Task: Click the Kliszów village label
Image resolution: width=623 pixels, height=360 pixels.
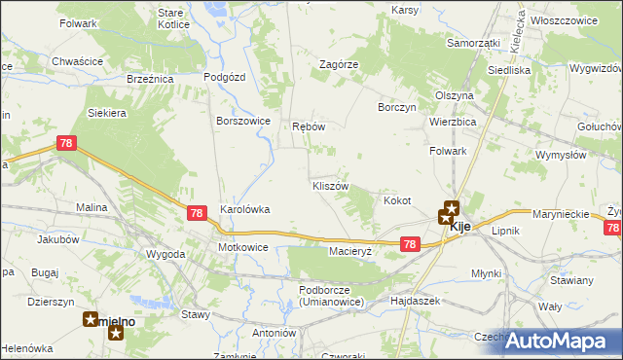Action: (329, 185)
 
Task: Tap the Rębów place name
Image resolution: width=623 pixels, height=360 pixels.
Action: (308, 127)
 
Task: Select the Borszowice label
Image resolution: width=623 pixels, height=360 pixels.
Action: (242, 121)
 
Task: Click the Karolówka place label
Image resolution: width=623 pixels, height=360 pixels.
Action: (244, 208)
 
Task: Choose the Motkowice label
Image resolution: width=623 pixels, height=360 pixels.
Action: (242, 247)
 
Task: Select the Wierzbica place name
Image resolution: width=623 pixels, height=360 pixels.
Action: (452, 122)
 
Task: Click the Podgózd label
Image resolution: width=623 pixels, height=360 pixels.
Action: (223, 76)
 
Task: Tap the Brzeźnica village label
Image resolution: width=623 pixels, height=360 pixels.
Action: (149, 80)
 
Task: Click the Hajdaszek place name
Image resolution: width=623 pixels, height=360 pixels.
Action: (415, 301)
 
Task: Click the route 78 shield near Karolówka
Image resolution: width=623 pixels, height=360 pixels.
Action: (197, 213)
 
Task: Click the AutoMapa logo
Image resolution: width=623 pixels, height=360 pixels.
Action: (562, 341)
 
